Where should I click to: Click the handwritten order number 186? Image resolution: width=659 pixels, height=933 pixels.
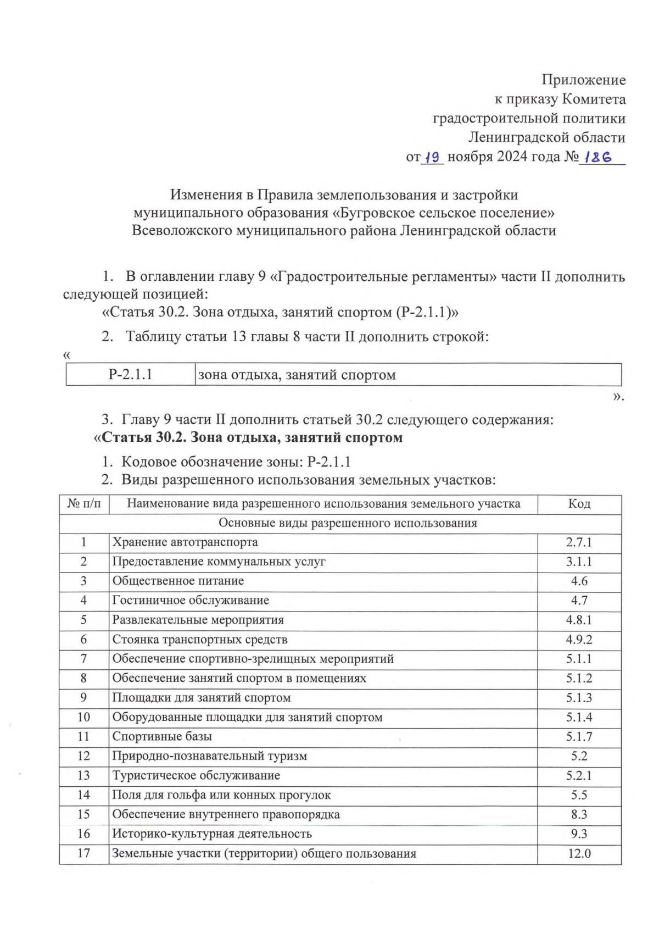(597, 157)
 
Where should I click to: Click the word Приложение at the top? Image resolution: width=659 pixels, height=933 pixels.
(583, 80)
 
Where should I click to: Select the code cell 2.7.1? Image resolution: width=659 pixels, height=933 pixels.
(579, 542)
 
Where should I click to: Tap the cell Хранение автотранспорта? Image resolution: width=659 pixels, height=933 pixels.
(185, 542)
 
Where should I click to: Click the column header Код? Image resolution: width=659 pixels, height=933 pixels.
(579, 504)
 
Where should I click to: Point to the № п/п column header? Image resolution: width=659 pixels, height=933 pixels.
(84, 504)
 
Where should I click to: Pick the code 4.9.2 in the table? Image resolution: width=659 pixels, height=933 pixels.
(579, 640)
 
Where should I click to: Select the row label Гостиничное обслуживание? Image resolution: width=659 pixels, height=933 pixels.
(191, 601)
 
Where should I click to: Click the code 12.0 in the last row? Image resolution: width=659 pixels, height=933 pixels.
(579, 853)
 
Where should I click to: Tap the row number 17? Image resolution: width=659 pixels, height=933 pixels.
(83, 853)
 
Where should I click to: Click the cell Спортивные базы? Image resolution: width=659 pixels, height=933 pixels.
(162, 736)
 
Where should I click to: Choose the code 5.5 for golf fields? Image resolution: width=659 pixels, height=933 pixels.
(579, 795)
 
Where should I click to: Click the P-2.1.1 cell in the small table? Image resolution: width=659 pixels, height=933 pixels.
(130, 375)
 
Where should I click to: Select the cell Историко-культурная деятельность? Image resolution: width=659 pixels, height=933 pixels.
(212, 834)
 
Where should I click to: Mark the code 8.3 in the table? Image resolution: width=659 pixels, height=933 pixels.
(579, 814)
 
